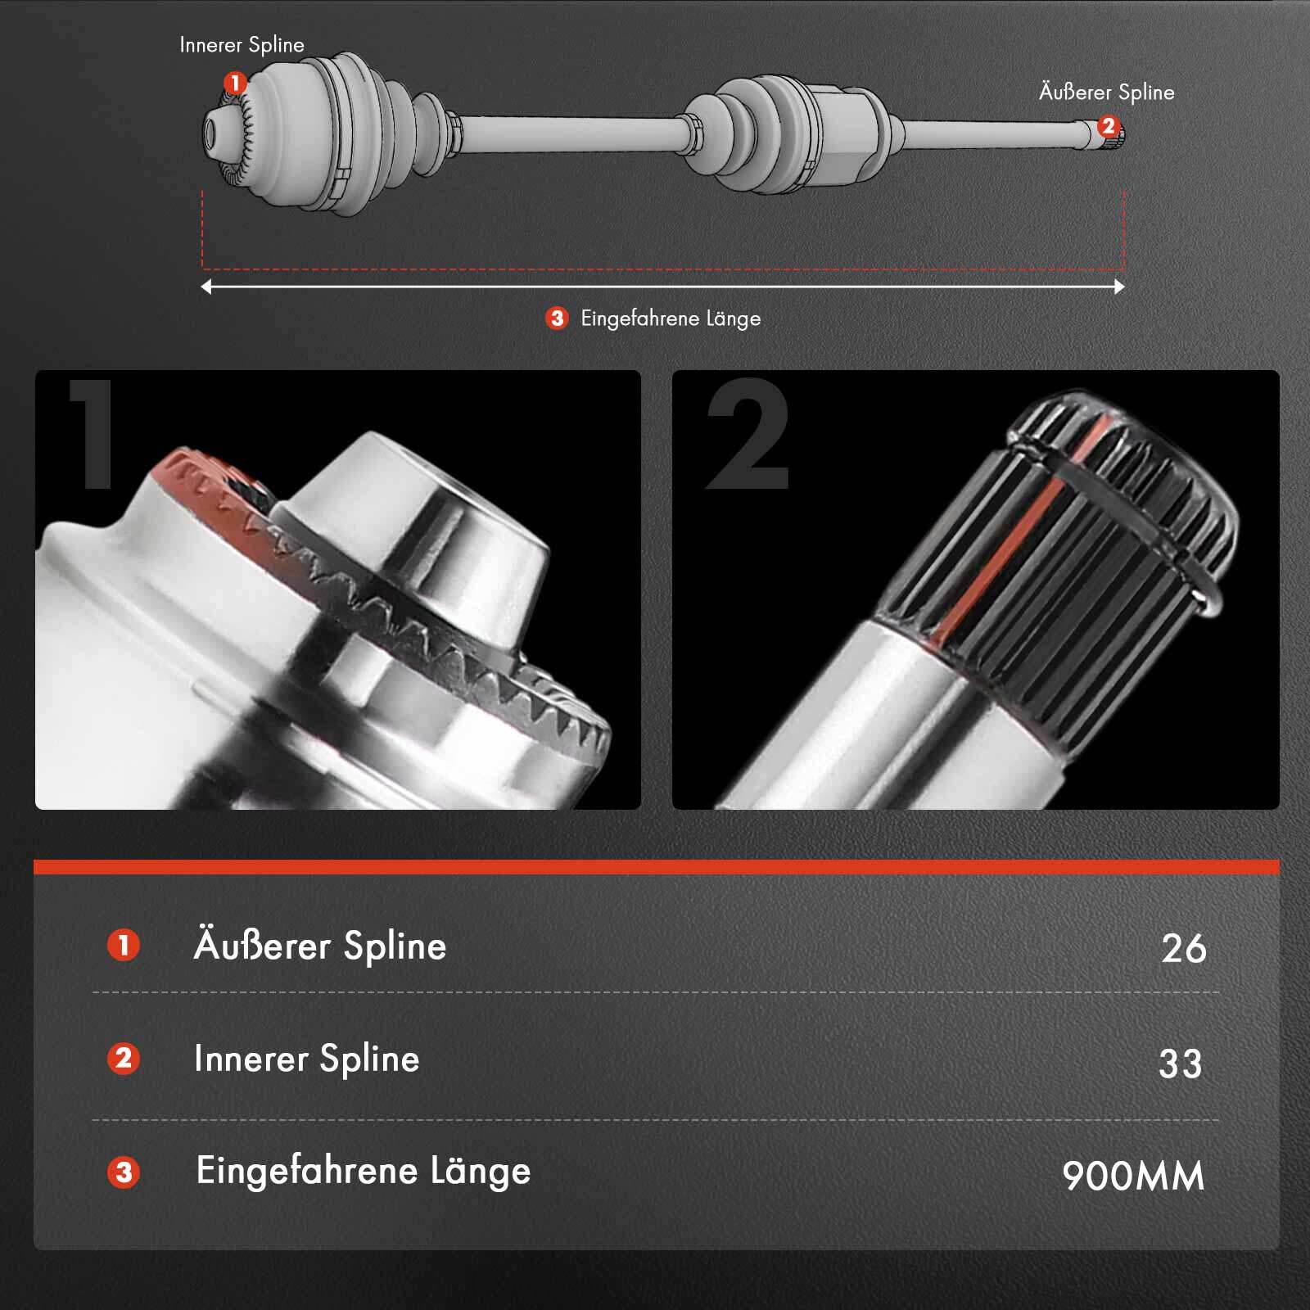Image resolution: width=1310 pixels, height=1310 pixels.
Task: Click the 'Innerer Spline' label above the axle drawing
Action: (242, 45)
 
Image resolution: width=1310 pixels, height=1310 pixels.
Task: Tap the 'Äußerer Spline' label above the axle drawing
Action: (1106, 93)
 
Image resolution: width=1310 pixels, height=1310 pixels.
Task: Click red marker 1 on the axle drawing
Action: (235, 84)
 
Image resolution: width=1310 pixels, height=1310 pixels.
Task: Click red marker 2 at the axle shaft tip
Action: (1108, 126)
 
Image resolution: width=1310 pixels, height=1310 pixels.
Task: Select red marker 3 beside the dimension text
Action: (557, 318)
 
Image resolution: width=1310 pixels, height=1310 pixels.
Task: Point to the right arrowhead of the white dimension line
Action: (1119, 287)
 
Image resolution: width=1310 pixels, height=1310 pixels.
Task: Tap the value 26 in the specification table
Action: (1183, 948)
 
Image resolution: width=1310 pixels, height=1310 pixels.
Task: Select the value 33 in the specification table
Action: (1180, 1064)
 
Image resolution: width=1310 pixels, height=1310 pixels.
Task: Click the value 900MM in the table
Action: (1133, 1177)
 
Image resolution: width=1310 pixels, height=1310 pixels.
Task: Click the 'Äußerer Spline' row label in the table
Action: (319, 946)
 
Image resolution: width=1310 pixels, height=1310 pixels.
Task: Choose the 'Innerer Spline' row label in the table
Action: (306, 1059)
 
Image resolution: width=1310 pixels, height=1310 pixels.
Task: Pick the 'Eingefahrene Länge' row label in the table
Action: (363, 1171)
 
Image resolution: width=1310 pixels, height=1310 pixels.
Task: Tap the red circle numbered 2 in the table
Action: (124, 1059)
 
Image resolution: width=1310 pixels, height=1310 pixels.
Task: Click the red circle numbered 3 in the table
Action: (124, 1172)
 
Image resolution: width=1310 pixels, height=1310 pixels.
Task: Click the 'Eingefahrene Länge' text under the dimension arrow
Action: (671, 318)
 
